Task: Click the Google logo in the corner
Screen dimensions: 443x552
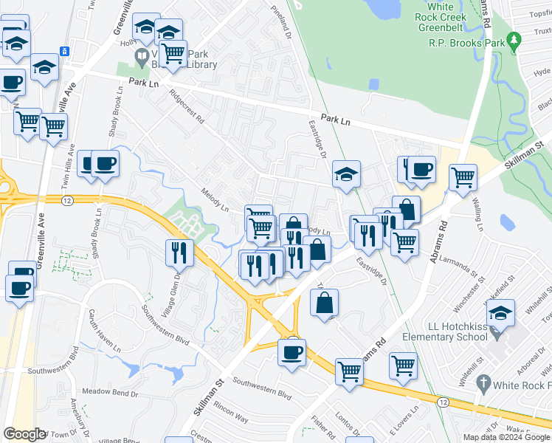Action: click(x=24, y=434)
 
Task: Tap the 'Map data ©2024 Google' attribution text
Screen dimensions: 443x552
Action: click(x=507, y=437)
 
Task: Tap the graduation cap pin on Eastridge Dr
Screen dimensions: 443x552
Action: click(x=346, y=176)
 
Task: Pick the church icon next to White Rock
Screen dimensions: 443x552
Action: click(x=484, y=382)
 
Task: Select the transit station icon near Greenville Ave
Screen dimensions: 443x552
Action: click(x=65, y=51)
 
